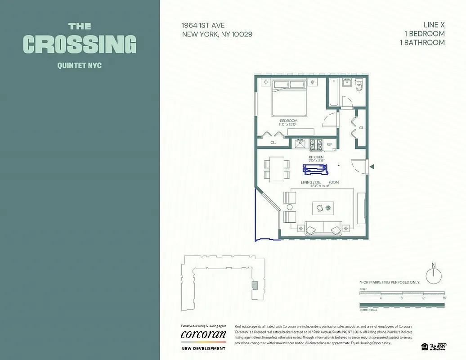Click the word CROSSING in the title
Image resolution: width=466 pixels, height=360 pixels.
(79, 44)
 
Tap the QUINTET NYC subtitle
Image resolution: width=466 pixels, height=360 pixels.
(79, 65)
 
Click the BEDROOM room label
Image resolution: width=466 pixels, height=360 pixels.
(288, 121)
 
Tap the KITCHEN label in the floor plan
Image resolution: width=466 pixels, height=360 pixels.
(316, 157)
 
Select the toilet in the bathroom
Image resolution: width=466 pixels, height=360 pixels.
(359, 85)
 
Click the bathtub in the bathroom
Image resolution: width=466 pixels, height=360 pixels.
(333, 93)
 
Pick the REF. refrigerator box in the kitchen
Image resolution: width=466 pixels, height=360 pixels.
(330, 144)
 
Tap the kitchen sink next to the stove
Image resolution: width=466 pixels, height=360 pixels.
(300, 144)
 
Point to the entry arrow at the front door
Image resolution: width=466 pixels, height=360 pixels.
(372, 167)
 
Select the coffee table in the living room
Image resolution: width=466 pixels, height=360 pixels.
(324, 207)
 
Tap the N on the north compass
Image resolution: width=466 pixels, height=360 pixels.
(434, 265)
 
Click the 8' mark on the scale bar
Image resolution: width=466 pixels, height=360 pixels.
(402, 298)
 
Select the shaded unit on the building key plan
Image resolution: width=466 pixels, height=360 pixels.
(255, 285)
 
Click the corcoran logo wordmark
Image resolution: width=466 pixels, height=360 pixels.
(203, 334)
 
